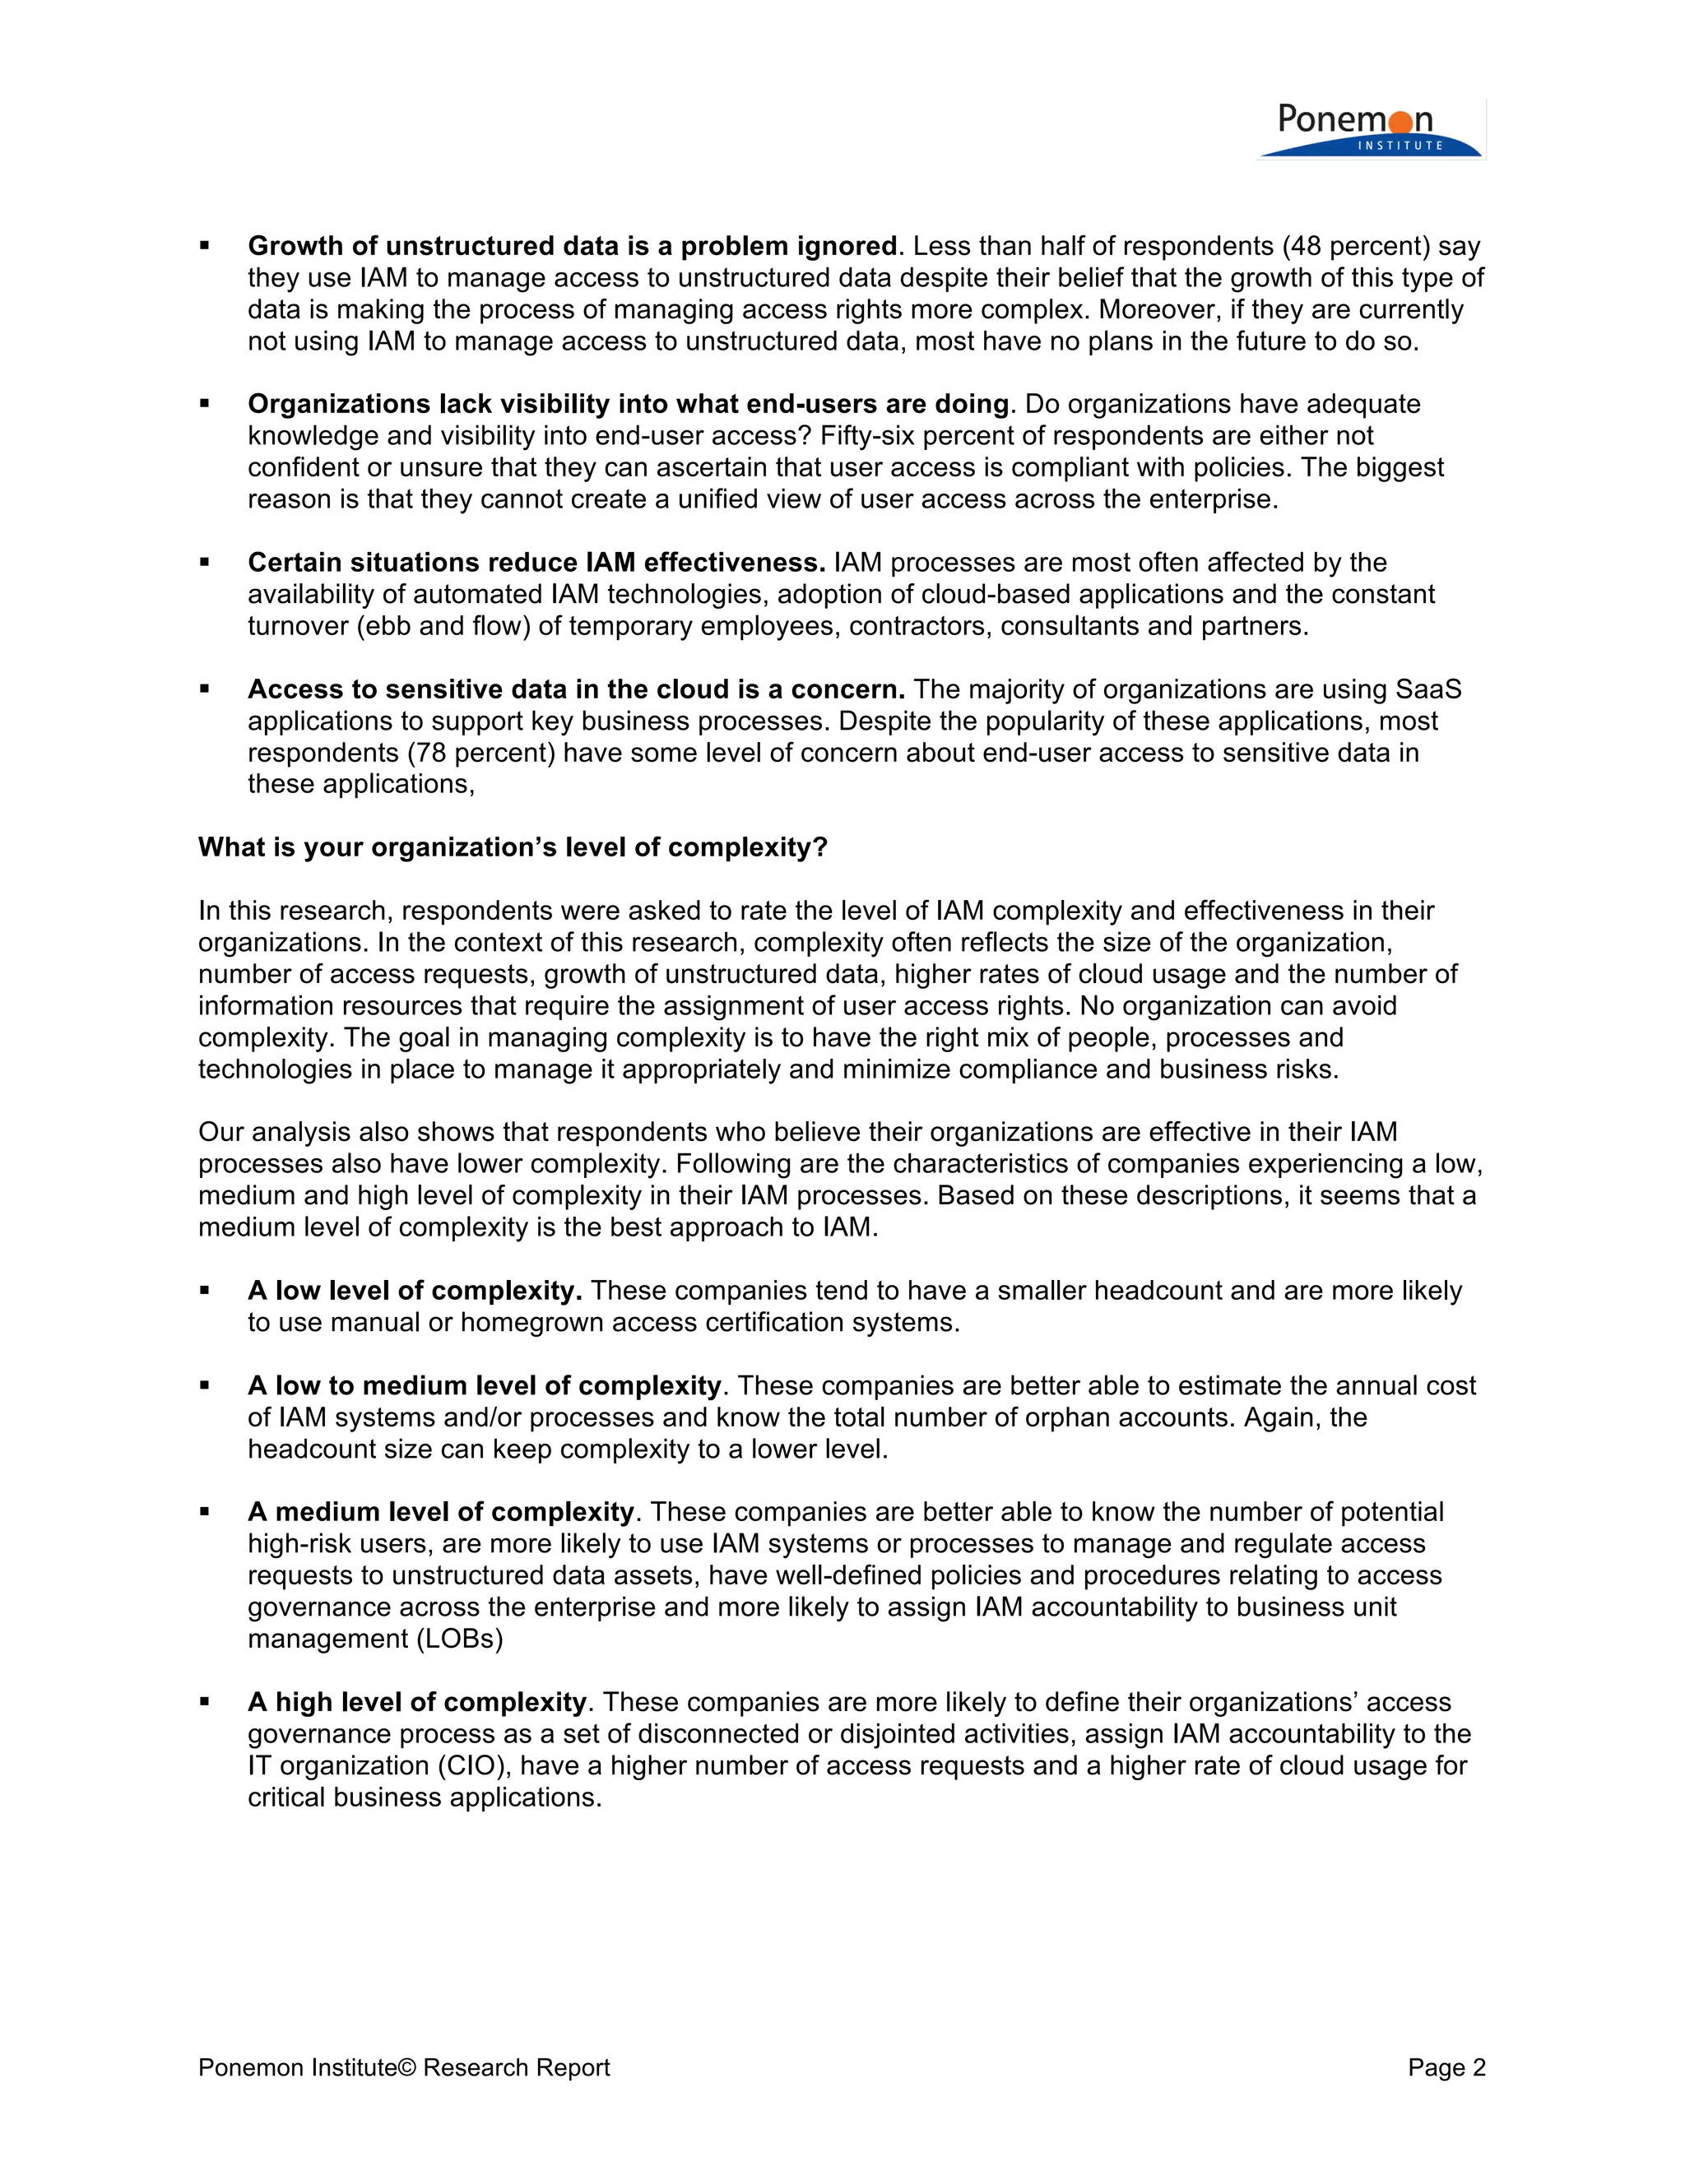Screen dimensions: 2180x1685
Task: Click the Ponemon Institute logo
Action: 1370,130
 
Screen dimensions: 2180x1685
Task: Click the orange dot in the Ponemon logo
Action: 1400,122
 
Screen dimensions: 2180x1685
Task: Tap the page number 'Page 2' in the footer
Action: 1446,2067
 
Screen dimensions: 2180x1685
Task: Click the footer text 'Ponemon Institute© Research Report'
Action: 403,2067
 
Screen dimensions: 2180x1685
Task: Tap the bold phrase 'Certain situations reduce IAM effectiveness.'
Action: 536,563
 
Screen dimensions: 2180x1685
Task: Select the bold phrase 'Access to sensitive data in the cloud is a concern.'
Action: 576,689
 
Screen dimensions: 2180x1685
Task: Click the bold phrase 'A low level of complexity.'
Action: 415,1291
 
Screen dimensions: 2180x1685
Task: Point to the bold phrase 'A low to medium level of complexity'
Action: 484,1385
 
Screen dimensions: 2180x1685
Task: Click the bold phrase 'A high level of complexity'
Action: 416,1702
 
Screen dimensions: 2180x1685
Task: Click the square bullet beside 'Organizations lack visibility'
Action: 205,404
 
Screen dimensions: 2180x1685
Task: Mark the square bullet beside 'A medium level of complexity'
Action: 205,1512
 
